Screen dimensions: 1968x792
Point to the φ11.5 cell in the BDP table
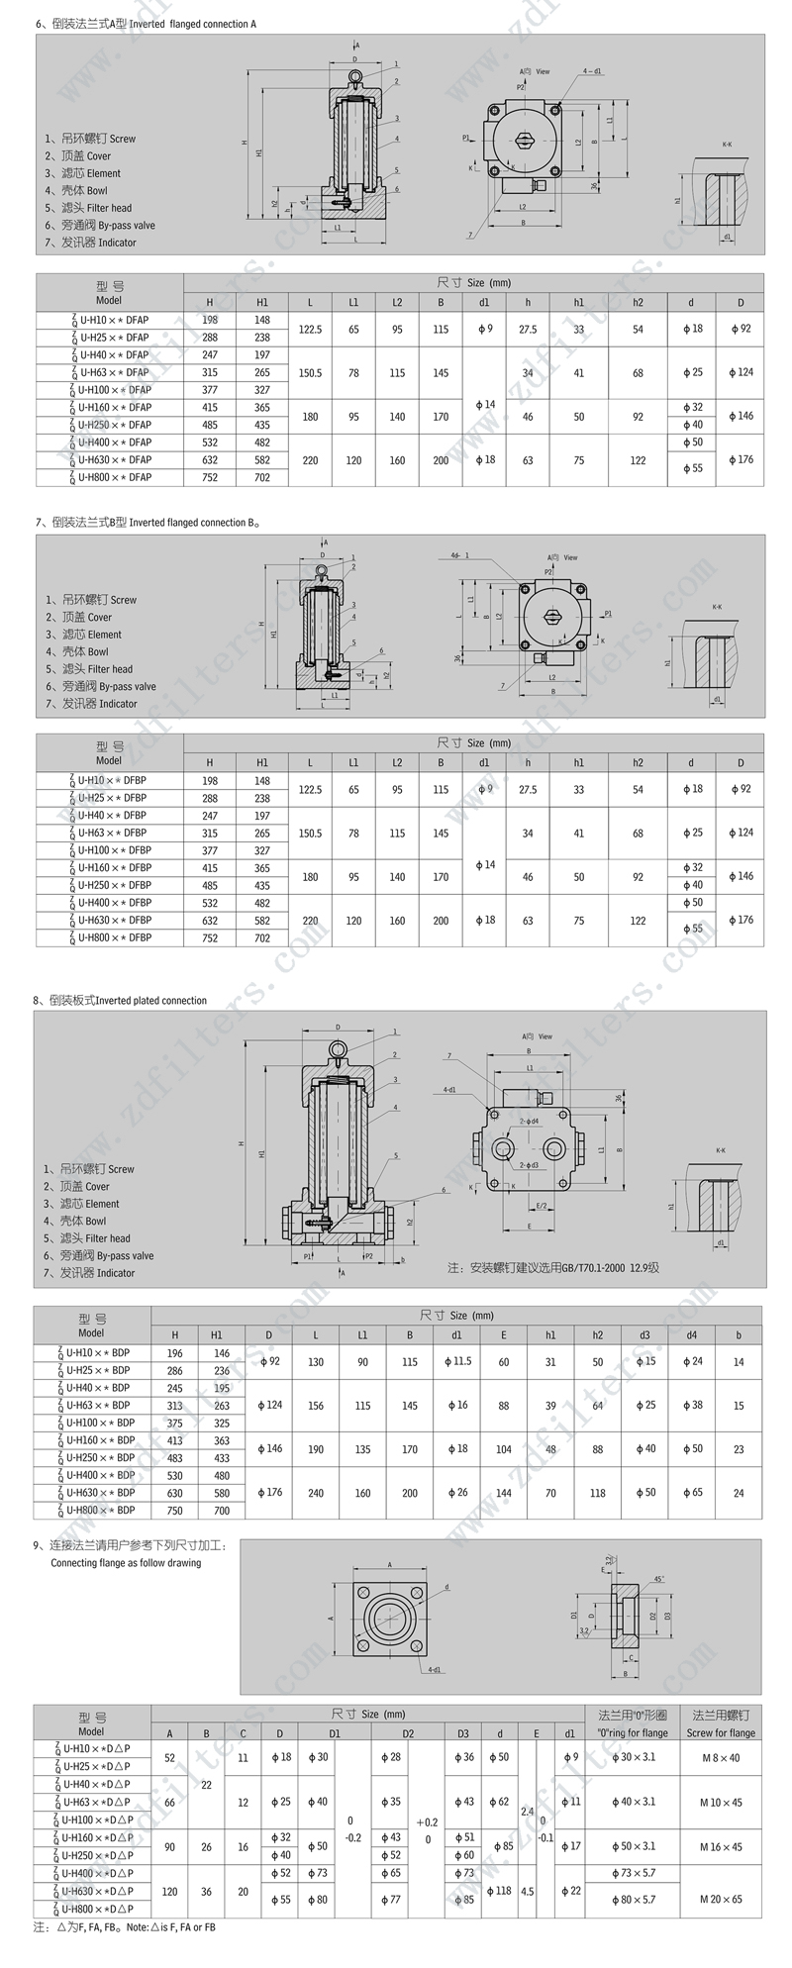[456, 1362]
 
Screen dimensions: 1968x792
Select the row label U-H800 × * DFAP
[110, 477]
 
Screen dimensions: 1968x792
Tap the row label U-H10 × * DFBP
[110, 780]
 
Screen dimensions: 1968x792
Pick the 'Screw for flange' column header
[721, 1732]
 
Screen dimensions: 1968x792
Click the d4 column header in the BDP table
[692, 1335]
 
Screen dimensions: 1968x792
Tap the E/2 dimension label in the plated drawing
[542, 1206]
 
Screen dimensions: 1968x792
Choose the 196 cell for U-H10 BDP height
[175, 1353]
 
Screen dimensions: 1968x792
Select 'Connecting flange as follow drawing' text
[126, 1563]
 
